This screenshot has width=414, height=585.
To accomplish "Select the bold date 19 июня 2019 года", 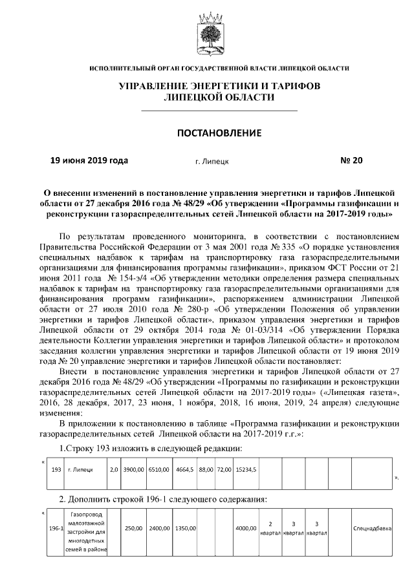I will pos(89,160).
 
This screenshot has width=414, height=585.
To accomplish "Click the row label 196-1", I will pos(56,529).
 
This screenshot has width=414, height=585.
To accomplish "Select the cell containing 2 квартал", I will pos(270,529).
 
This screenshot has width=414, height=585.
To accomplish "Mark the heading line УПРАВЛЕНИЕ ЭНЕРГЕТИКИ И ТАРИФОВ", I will pos(219,86).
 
